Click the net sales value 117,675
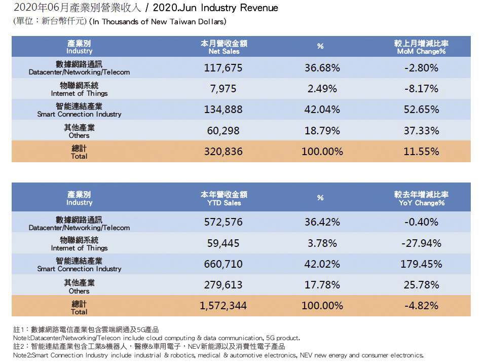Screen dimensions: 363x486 [223, 67]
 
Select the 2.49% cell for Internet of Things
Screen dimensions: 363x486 [322, 89]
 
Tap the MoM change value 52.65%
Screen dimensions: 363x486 [421, 110]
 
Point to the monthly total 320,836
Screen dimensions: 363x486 [223, 152]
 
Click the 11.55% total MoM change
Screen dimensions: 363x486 [421, 152]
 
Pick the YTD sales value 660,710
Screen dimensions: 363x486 [223, 264]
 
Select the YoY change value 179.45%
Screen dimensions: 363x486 [421, 264]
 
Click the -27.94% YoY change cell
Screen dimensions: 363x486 [421, 243]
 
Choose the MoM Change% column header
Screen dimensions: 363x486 [421, 48]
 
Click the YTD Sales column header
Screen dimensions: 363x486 [223, 198]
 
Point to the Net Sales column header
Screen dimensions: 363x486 [223, 48]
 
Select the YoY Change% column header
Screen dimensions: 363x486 [421, 198]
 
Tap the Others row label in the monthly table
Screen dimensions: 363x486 [79, 131]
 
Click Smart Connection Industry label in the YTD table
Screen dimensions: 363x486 [79, 265]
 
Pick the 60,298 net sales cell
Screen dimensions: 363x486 [223, 131]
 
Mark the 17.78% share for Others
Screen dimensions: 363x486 [322, 285]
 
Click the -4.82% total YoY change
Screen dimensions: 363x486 [421, 306]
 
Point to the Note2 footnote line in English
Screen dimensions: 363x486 [218, 355]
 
